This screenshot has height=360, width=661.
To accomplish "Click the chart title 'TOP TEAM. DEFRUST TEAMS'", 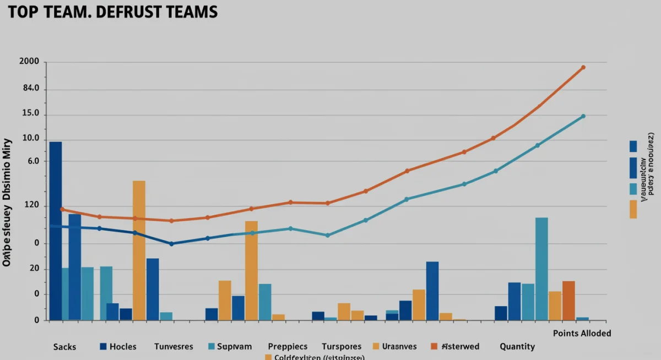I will [x=113, y=12].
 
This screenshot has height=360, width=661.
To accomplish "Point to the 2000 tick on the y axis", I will [x=29, y=62].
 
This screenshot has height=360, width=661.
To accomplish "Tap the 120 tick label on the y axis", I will [x=30, y=206].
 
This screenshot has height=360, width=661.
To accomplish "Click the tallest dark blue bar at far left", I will [x=56, y=231].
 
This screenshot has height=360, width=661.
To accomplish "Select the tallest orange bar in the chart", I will [x=139, y=250].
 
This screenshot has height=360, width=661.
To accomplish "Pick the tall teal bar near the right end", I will [x=541, y=269].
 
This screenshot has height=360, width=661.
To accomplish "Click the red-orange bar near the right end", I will [x=568, y=301].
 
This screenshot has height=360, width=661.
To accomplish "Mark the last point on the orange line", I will [x=583, y=68].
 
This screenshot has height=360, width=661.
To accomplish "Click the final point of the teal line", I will [x=583, y=116].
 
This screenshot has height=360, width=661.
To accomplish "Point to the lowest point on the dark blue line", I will [x=171, y=244].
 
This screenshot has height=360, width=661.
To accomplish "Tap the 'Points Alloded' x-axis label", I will [x=582, y=334].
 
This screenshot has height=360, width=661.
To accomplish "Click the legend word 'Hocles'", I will [x=123, y=347].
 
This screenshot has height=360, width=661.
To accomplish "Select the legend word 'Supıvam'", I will [x=234, y=347].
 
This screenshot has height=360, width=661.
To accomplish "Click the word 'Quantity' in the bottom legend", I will [x=517, y=347].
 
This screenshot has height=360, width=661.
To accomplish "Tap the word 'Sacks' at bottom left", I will [x=64, y=347].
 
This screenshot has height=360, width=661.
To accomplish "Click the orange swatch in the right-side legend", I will [x=633, y=209].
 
